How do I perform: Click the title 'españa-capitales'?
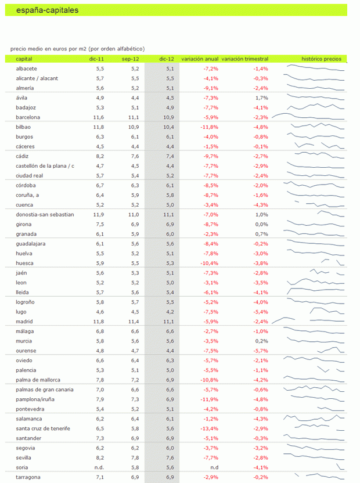48,10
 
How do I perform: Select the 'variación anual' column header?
200,59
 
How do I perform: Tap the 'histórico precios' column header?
321,59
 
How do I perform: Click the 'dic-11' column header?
96,59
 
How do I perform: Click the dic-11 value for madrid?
98,321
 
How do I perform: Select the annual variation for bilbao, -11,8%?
208,127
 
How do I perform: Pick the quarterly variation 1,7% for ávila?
261,98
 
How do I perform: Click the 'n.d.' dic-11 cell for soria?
99,467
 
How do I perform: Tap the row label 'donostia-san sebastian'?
45,214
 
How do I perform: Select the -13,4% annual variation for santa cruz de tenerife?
208,428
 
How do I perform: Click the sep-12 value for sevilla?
134,457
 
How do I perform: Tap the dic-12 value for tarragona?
170,477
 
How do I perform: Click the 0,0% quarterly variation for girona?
261,224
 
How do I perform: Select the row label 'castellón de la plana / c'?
45,166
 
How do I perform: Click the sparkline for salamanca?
314,418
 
